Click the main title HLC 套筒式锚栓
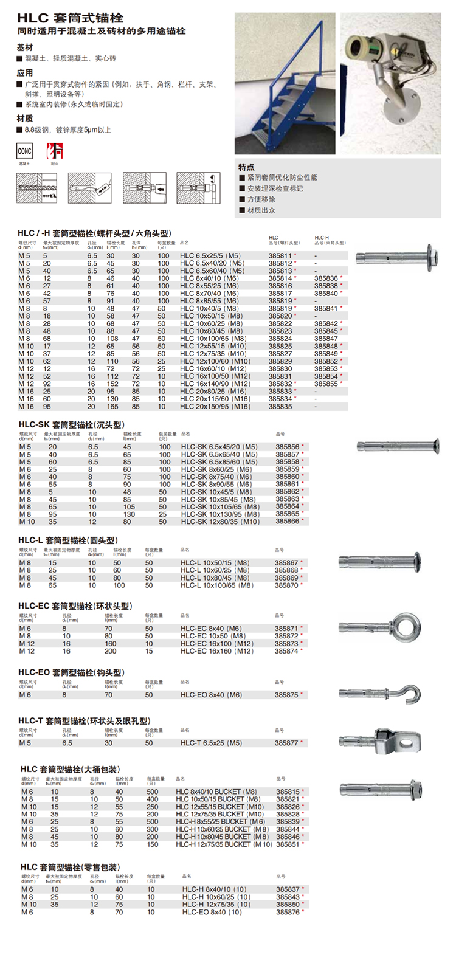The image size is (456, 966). [x=70, y=18]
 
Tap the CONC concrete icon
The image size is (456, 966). [x=24, y=151]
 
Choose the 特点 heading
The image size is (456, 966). [x=246, y=167]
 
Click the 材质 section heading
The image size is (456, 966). [x=25, y=118]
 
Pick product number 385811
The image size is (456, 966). [x=280, y=256]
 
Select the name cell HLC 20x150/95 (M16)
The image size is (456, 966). [x=215, y=407]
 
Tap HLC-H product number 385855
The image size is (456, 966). [x=326, y=384]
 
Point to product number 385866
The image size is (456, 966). [x=288, y=522]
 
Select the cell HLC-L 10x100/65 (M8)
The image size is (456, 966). [x=216, y=585]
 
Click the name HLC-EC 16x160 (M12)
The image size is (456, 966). [x=216, y=651]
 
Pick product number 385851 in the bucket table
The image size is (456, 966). [x=288, y=844]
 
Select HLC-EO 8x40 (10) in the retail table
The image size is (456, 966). [x=212, y=912]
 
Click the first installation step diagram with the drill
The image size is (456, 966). [x=37, y=188]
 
